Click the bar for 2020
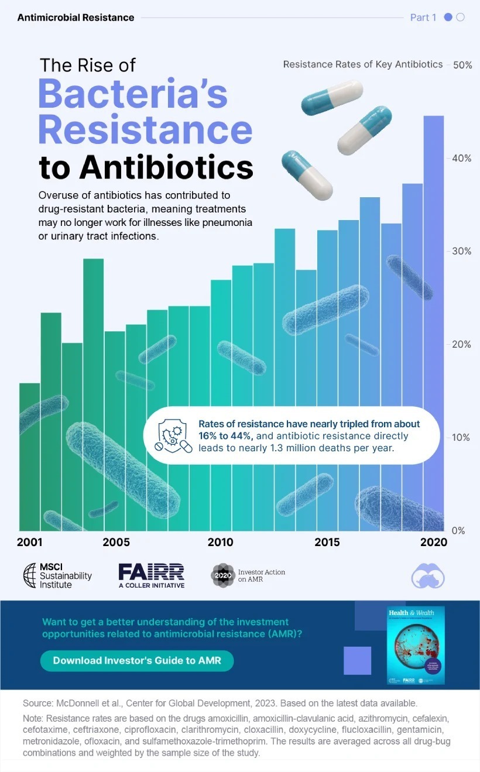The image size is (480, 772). pyautogui.click(x=433, y=322)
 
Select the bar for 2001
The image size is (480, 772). pyautogui.click(x=30, y=457)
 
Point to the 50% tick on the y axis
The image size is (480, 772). pyautogui.click(x=462, y=64)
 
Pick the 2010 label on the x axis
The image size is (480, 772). pyautogui.click(x=220, y=542)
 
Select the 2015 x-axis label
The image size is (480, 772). pyautogui.click(x=327, y=542)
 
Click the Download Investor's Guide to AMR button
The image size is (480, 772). pyautogui.click(x=137, y=661)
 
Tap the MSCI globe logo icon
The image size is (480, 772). pyautogui.click(x=29, y=575)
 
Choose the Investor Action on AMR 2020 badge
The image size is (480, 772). pyautogui.click(x=222, y=575)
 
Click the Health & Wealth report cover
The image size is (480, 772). pyautogui.click(x=416, y=645)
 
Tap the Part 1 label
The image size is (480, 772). pyautogui.click(x=423, y=18)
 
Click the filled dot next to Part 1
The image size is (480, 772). pyautogui.click(x=448, y=18)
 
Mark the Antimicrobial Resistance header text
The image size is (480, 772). pyautogui.click(x=76, y=18)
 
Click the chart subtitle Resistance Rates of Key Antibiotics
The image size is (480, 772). pyautogui.click(x=363, y=64)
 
